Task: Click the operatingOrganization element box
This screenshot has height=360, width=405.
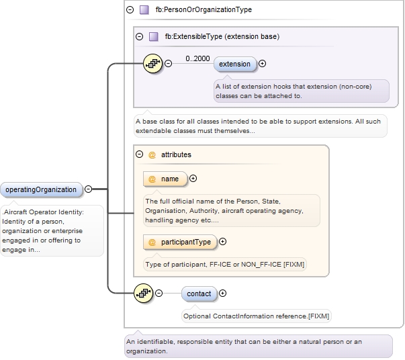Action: pyautogui.click(x=41, y=189)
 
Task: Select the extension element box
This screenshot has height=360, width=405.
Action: pyautogui.click(x=234, y=64)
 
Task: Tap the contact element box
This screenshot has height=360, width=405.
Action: pyautogui.click(x=199, y=294)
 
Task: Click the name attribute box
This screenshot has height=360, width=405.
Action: pyautogui.click(x=165, y=179)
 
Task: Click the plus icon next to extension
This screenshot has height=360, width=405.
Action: pyautogui.click(x=262, y=64)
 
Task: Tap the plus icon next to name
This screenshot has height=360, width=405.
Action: pyautogui.click(x=193, y=179)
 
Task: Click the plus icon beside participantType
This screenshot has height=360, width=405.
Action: pyautogui.click(x=223, y=242)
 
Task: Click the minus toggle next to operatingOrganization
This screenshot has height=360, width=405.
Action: pyautogui.click(x=88, y=189)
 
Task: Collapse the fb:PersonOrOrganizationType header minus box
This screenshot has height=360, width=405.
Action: pyautogui.click(x=130, y=10)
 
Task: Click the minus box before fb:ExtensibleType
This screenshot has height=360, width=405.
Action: pyautogui.click(x=139, y=36)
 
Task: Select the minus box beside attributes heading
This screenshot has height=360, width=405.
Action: pyautogui.click(x=139, y=154)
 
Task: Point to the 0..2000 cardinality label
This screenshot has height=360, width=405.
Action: pyautogui.click(x=197, y=58)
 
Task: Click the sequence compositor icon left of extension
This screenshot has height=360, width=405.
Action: pyautogui.click(x=154, y=64)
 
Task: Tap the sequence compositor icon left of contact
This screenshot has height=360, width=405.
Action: pyautogui.click(x=144, y=294)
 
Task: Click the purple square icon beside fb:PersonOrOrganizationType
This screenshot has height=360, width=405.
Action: pyautogui.click(x=144, y=10)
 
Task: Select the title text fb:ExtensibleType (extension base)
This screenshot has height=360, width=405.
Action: pyautogui.click(x=222, y=36)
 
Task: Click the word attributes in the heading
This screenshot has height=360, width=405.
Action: pyautogui.click(x=176, y=154)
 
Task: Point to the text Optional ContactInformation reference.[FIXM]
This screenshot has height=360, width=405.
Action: pyautogui.click(x=257, y=315)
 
